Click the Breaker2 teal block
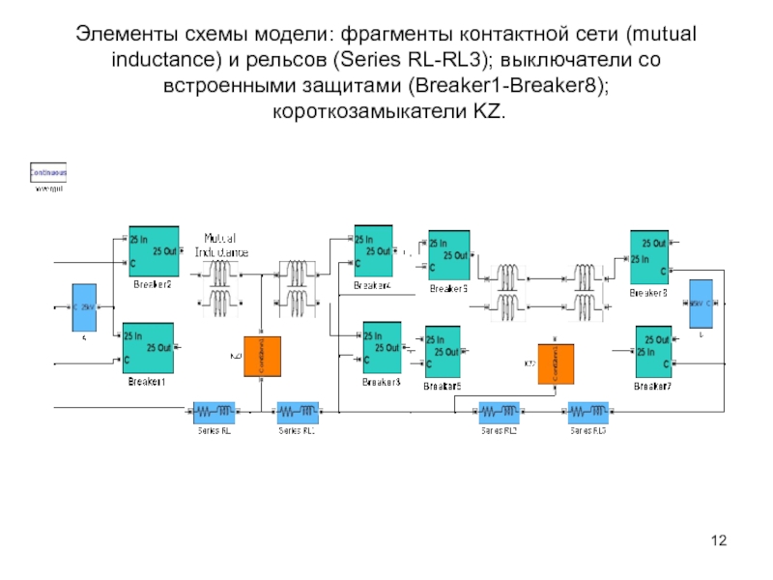click(x=154, y=252)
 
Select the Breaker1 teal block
click(x=148, y=349)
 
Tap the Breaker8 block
click(x=649, y=257)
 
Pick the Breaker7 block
click(x=653, y=352)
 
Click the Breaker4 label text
click(x=372, y=286)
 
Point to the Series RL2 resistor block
click(x=499, y=413)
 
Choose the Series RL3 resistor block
click(x=588, y=413)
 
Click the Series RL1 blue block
click(x=298, y=413)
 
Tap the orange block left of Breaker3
click(x=262, y=358)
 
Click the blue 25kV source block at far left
click(x=85, y=308)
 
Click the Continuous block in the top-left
click(x=49, y=173)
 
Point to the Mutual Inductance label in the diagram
click(x=223, y=246)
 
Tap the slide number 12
click(x=718, y=538)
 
